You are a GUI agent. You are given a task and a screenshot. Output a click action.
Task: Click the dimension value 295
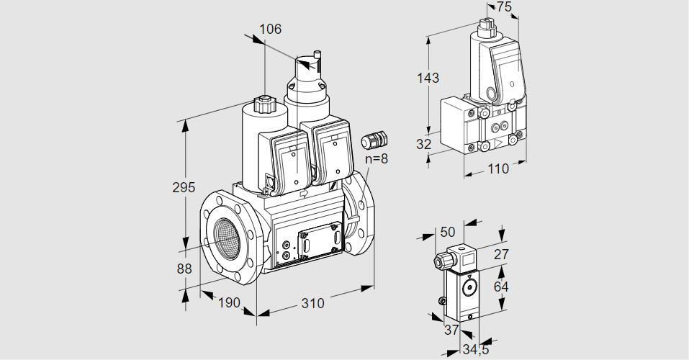pyautogui.click(x=184, y=188)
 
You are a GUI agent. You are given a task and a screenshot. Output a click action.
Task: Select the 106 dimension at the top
pyautogui.click(x=270, y=30)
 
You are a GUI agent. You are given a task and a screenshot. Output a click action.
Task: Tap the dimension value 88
pyautogui.click(x=184, y=269)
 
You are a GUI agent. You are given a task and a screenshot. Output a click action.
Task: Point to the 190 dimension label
pyautogui.click(x=228, y=303)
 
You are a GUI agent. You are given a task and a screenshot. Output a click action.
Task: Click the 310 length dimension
pyautogui.click(x=312, y=303)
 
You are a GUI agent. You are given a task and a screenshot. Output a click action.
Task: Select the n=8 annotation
pyautogui.click(x=375, y=158)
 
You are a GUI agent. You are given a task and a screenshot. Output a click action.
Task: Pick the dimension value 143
pyautogui.click(x=427, y=78)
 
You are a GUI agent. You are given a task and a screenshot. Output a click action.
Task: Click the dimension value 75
pyautogui.click(x=504, y=7)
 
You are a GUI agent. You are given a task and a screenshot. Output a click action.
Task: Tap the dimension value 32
pyautogui.click(x=423, y=144)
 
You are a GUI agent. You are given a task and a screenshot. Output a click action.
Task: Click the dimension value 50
pyautogui.click(x=447, y=232)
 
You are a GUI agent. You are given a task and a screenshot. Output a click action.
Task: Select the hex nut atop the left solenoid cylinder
pyautogui.click(x=264, y=105)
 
